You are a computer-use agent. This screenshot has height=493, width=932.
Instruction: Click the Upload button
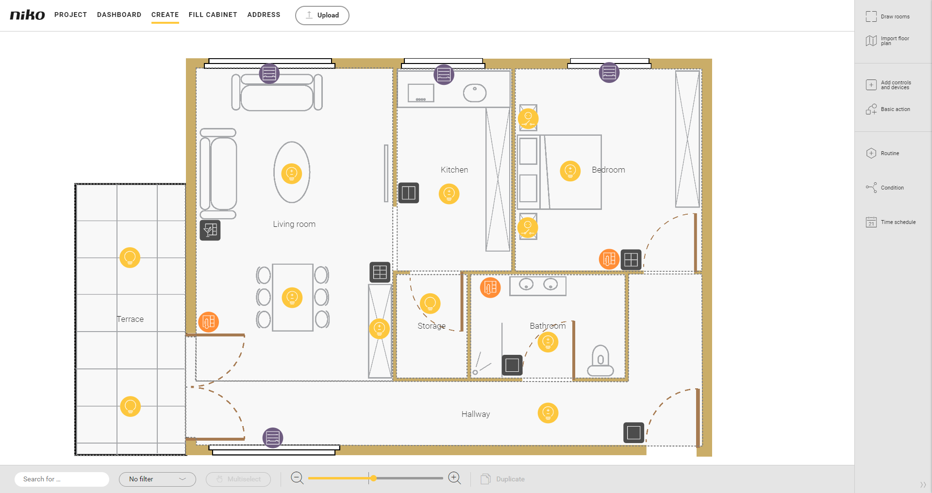(x=322, y=16)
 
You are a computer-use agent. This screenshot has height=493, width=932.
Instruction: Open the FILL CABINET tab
(x=213, y=15)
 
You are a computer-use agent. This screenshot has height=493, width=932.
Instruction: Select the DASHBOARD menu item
(x=119, y=15)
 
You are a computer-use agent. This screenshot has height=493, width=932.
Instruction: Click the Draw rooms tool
(x=888, y=16)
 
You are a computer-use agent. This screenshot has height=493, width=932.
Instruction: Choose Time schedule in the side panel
(x=891, y=222)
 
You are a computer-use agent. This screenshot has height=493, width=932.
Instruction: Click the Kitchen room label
(x=454, y=170)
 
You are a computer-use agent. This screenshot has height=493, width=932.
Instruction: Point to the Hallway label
(x=476, y=414)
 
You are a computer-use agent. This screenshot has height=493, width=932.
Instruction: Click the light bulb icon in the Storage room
(x=430, y=303)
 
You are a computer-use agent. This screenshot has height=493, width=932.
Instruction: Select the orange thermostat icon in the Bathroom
(x=490, y=287)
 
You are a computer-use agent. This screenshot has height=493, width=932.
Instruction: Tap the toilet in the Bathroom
(x=600, y=361)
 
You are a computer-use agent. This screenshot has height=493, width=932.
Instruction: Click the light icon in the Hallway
(x=548, y=413)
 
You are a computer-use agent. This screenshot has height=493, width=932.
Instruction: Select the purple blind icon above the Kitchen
(x=444, y=75)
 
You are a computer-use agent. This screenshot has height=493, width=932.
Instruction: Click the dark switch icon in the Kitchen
(x=409, y=193)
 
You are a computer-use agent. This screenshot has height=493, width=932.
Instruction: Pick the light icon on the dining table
(x=292, y=298)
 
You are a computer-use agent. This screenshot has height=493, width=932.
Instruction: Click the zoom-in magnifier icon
(x=455, y=478)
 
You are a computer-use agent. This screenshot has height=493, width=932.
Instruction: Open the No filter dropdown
(x=157, y=479)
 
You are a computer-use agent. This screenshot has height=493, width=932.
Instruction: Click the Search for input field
(x=62, y=479)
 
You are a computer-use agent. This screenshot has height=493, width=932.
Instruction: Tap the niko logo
(x=28, y=15)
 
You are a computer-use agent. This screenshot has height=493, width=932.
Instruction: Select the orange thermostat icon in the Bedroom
(x=609, y=259)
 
